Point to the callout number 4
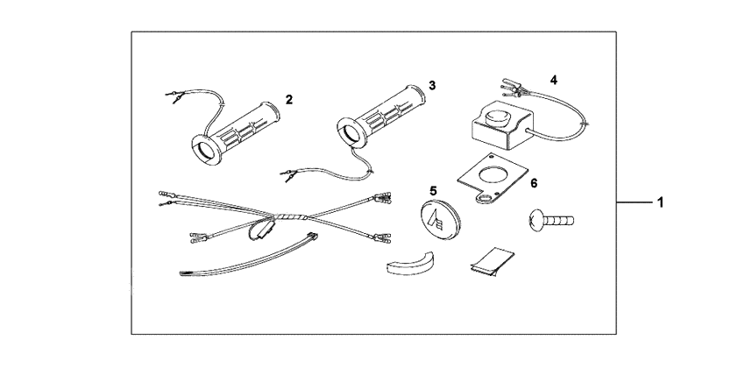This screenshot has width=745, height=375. click(553, 79)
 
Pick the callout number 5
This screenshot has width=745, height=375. click(432, 189)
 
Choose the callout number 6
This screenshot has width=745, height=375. click(534, 182)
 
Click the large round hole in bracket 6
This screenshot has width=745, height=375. click(494, 175)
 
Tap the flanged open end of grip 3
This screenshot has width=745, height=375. click(358, 133)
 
